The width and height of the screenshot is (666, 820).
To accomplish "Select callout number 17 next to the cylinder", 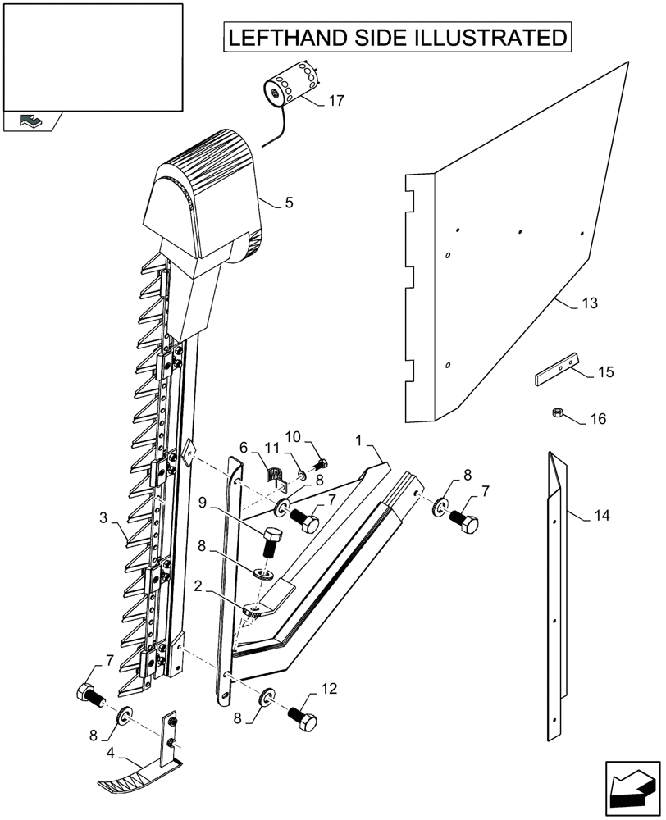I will [335, 101].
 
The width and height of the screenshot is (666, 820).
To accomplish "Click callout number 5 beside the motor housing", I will [289, 202].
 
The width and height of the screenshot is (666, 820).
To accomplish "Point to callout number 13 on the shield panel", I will [590, 303].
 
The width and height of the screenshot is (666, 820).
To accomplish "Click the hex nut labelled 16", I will [557, 412].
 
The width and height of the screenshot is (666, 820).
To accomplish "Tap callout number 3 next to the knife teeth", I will [103, 517].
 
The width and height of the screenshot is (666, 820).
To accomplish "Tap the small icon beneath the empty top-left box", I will [31, 121].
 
